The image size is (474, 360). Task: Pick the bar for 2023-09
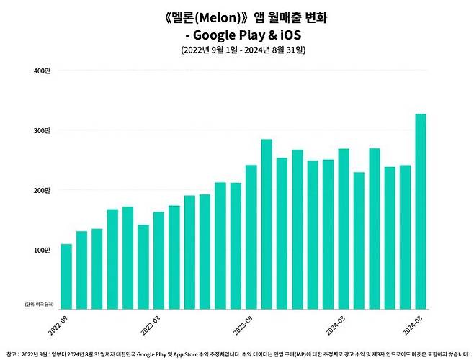pos(251,238)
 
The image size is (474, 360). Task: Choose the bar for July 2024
pos(406,238)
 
